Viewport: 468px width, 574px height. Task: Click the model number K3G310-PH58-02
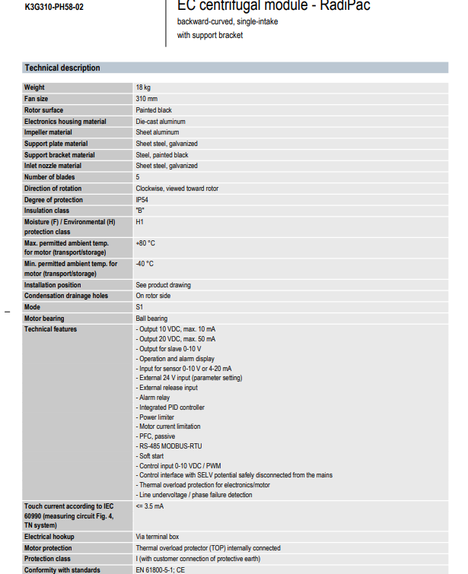[53, 6]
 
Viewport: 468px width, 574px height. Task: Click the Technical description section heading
[62, 68]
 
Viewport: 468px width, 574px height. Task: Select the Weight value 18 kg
[143, 88]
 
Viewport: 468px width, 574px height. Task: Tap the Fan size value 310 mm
[147, 99]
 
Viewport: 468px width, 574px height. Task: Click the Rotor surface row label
[44, 110]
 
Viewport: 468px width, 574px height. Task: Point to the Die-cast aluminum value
[161, 122]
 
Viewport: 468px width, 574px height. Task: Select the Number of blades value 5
[138, 177]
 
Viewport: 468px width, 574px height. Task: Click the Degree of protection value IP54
[142, 200]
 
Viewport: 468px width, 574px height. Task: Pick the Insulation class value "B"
[140, 211]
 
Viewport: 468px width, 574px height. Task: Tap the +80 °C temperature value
[145, 243]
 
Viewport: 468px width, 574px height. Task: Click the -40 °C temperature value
[145, 264]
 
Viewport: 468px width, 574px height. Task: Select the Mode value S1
[139, 307]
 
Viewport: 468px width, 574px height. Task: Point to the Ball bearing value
[151, 319]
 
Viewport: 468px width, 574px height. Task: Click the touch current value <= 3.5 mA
[150, 506]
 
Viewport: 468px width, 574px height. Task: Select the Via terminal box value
[158, 537]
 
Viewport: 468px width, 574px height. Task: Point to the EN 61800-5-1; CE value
[161, 569]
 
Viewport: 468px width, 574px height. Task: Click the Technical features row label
[50, 329]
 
